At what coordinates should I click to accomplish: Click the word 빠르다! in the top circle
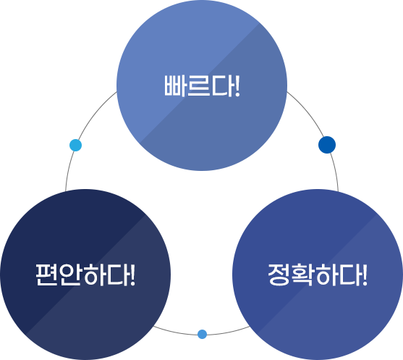coord(202,86)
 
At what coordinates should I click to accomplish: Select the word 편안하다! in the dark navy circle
coord(85,275)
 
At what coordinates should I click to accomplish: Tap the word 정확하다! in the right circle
coord(318,275)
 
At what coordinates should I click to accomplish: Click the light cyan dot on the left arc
coord(75,145)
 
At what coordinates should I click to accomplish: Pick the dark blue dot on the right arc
coord(327,145)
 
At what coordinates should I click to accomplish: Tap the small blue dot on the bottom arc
coord(203,334)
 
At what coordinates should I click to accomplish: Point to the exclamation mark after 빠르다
coord(237,86)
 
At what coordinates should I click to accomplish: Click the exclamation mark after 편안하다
coord(133,275)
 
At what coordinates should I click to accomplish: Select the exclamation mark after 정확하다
coord(365,275)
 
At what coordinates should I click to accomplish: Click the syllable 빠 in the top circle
coord(175,86)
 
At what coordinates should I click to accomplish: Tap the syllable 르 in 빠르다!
coord(198,86)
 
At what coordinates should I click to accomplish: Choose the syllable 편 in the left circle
coord(47,275)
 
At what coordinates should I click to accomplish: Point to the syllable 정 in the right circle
coord(279,275)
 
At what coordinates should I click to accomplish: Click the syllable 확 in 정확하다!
coord(303,275)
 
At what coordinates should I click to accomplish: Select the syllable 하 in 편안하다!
coord(95,275)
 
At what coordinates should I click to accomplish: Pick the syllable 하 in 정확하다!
coord(327,275)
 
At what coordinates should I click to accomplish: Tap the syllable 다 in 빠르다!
coord(222,86)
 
